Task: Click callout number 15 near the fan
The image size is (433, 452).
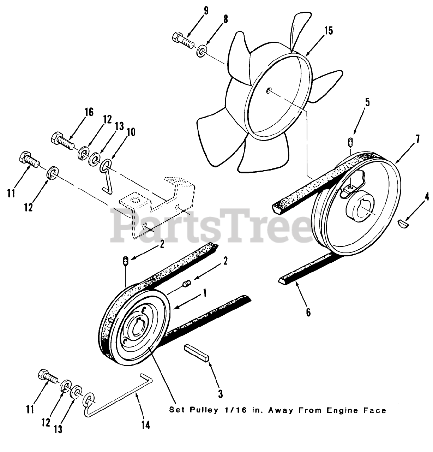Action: point(328,31)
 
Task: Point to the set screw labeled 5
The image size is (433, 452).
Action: point(350,142)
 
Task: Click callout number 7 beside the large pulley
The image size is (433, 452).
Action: point(417,139)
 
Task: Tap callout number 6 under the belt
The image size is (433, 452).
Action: point(308,312)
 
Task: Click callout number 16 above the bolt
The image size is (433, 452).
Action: point(89,112)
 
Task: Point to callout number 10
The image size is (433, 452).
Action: point(131,132)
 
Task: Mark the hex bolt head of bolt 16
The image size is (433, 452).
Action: point(56,136)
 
